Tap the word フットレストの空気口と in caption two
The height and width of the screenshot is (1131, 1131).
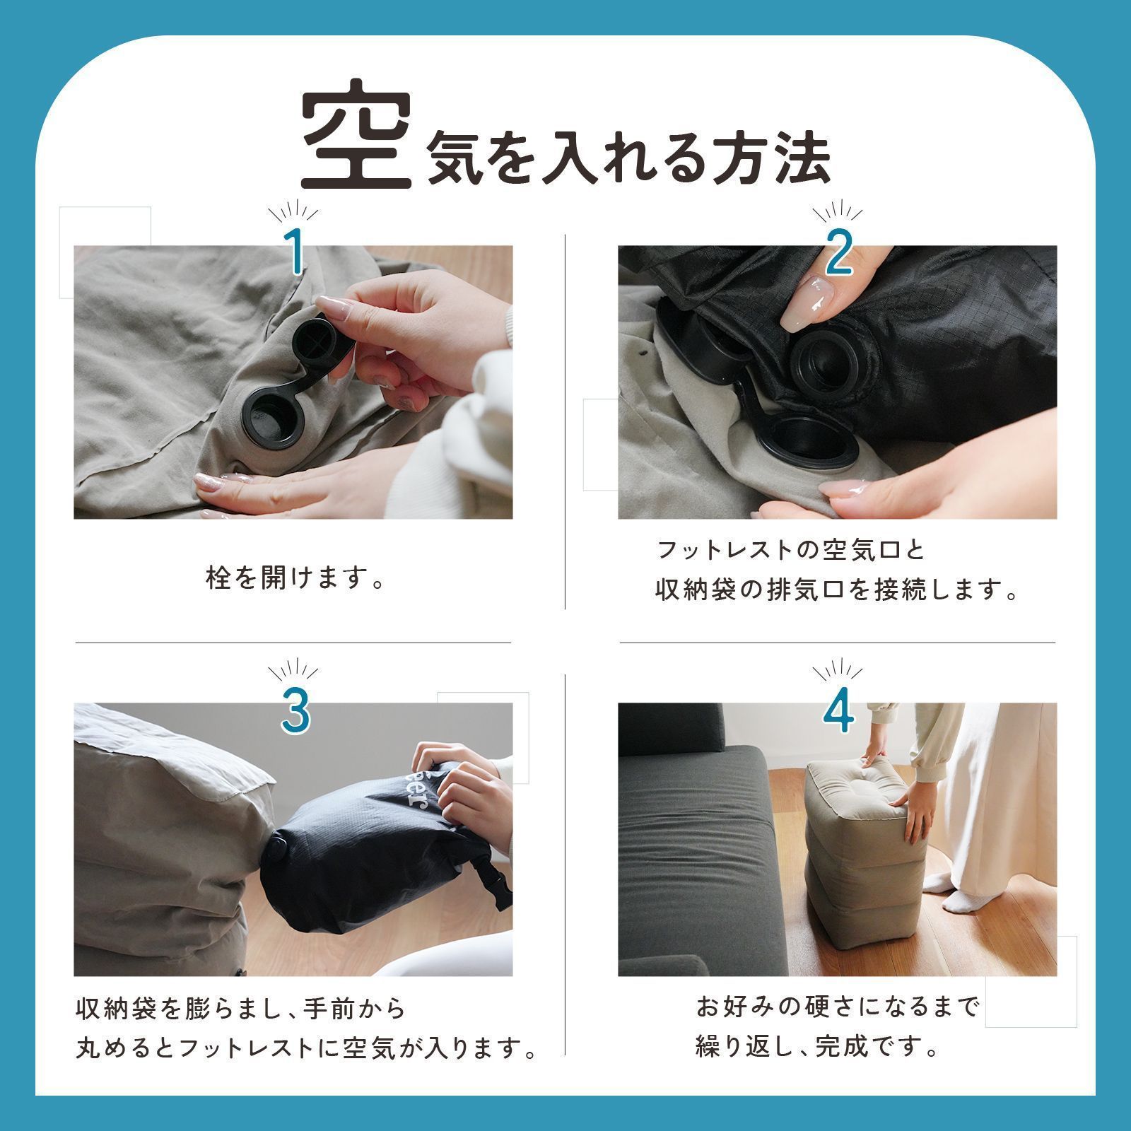[x=791, y=549]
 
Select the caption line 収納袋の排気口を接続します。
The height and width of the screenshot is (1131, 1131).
[x=837, y=590]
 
